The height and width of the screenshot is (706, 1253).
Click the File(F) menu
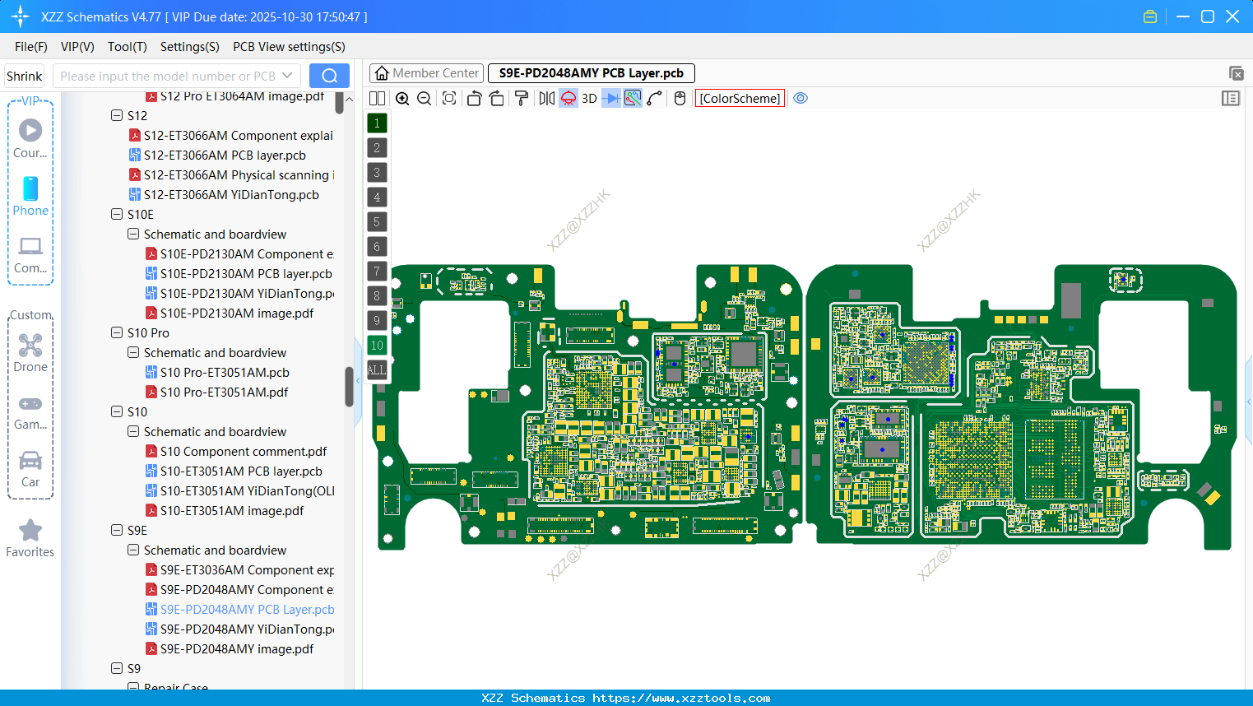coord(31,47)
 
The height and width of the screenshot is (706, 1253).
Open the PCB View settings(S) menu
coord(289,47)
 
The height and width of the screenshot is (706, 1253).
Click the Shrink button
coord(25,77)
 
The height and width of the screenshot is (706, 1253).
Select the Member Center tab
coord(426,73)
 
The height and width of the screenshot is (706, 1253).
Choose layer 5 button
coord(377,222)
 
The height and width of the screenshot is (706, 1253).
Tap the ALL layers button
coord(377,370)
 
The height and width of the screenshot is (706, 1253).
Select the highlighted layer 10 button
coord(377,346)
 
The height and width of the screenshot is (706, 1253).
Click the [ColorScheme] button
coord(740,99)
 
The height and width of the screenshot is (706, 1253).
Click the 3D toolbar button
coord(589,99)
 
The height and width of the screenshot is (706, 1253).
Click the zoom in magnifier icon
coord(402,99)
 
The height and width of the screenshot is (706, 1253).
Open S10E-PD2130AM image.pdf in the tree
coord(236,314)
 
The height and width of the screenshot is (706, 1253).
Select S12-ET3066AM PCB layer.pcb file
coord(225,156)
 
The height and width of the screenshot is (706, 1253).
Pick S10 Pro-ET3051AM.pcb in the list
coord(225,373)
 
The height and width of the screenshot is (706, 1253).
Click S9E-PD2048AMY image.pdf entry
coord(236,649)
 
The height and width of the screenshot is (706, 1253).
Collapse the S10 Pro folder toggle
coord(117,333)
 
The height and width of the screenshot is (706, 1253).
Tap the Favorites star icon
coord(30,531)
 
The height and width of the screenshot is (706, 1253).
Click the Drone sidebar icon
coord(30,346)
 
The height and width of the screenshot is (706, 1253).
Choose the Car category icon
coord(30,461)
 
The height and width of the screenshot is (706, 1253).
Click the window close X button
coord(1232,16)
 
